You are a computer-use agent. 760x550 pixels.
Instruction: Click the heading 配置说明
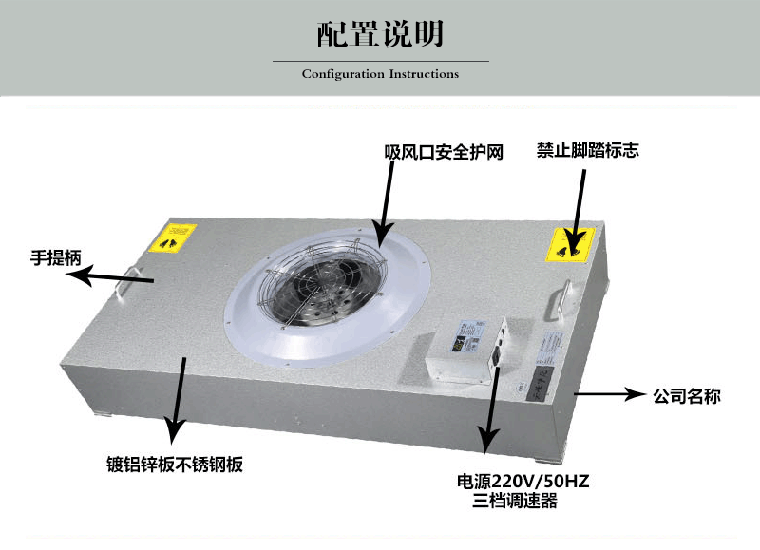[x=380, y=34]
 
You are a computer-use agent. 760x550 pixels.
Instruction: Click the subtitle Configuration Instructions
[x=380, y=74]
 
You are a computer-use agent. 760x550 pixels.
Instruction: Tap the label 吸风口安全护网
[x=443, y=152]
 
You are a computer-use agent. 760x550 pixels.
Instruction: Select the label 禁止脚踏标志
[x=587, y=151]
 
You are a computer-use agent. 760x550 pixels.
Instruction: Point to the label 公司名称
[x=686, y=395]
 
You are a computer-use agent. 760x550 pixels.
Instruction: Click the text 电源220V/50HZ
[x=522, y=481]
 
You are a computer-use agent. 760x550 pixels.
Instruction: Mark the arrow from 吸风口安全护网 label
[x=385, y=204]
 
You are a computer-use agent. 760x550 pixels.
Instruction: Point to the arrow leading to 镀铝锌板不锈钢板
[x=177, y=399]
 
